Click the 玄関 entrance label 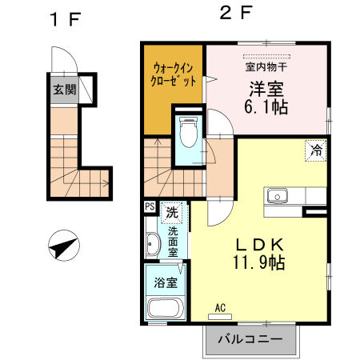pyautogui.click(x=65, y=90)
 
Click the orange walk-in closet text pyautogui.click(x=173, y=74)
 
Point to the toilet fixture pyautogui.click(x=189, y=133)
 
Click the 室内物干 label pyautogui.click(x=268, y=67)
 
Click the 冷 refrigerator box pyautogui.click(x=316, y=149)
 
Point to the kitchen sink pyautogui.click(x=278, y=195)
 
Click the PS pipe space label pyautogui.click(x=150, y=207)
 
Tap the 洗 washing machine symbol pyautogui.click(x=171, y=213)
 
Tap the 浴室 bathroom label pyautogui.click(x=166, y=281)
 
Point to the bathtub pyautogui.click(x=166, y=309)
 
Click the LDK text pyautogui.click(x=259, y=244)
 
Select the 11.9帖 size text pyautogui.click(x=259, y=262)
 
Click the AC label pyautogui.click(x=222, y=307)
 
